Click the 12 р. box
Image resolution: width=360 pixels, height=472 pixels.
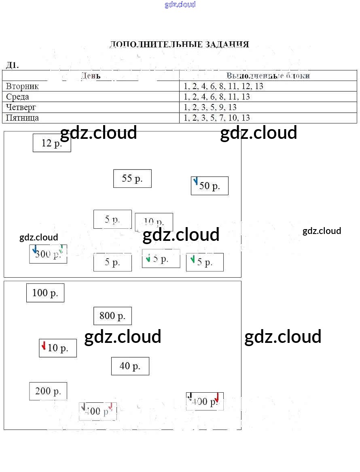[x=52, y=143]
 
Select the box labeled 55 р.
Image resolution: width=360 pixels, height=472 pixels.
[x=132, y=179]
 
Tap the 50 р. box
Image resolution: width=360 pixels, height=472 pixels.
[x=210, y=186]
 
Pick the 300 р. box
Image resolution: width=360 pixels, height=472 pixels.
[x=48, y=254]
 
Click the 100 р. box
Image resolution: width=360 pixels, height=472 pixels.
[x=45, y=293]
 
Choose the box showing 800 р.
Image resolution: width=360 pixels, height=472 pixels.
[x=112, y=316]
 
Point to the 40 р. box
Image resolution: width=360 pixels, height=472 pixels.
[x=130, y=366]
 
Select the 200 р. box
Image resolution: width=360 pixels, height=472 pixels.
[x=48, y=391]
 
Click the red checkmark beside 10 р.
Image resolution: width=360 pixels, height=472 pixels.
[x=44, y=346]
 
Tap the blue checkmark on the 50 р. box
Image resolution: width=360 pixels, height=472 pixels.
[x=196, y=181]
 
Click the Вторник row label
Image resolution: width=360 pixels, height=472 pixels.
[x=23, y=86]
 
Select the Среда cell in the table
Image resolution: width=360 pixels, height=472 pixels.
[x=18, y=97]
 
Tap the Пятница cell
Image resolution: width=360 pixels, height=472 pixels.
[x=23, y=118]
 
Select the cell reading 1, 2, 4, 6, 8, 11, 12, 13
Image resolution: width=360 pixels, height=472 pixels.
[x=223, y=86]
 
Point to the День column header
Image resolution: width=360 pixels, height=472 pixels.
[x=91, y=76]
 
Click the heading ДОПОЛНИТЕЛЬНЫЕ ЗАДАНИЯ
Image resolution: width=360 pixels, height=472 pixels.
[x=179, y=45]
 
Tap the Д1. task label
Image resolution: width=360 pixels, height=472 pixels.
[x=12, y=65]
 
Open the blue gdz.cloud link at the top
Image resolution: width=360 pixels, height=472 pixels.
[x=180, y=4]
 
